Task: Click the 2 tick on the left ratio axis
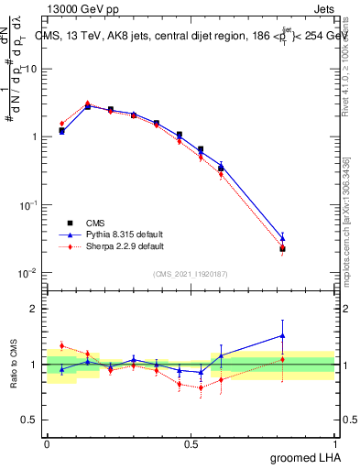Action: (x=37, y=309)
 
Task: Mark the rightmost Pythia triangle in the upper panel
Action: (x=282, y=238)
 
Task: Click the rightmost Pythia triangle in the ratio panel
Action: (x=282, y=335)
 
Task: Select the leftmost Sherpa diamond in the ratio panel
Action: (x=61, y=345)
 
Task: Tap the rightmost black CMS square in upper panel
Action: (x=282, y=248)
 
